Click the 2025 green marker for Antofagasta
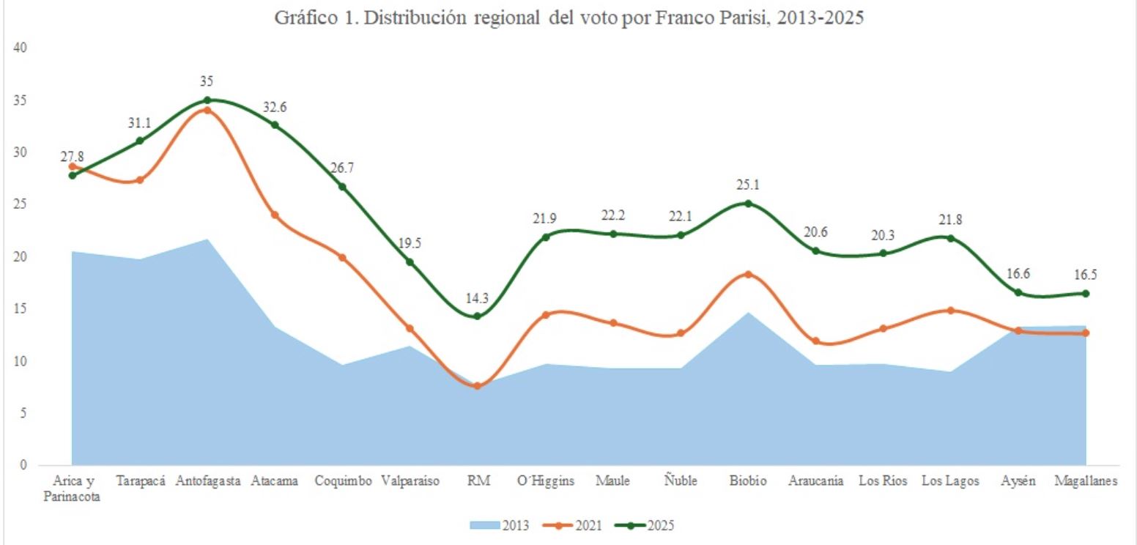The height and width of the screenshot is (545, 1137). pos(207,100)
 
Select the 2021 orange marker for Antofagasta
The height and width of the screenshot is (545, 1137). pos(207,111)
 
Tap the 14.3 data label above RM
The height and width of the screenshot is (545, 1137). pos(477,298)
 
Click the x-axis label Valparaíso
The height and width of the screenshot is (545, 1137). pos(410,481)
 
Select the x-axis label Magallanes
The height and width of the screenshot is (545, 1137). pos(1086,481)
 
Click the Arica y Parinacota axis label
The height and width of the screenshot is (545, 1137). pos(73,489)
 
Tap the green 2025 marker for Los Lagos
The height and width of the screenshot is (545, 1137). pos(951,238)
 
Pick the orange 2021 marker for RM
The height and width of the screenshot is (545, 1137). pos(477,385)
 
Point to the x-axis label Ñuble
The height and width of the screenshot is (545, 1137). pos(680,481)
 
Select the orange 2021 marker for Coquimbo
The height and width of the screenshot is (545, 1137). pos(342,257)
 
